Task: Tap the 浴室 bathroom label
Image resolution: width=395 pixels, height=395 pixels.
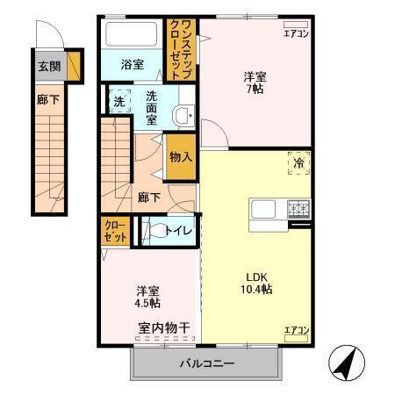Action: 132,65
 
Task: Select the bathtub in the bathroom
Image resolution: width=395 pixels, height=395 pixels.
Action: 132,36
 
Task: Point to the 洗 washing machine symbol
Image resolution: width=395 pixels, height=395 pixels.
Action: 118,101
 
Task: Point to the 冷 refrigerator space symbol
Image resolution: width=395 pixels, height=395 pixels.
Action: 298,162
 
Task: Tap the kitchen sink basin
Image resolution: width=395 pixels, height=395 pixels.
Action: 262,211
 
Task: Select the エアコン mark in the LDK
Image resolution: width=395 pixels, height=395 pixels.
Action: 296,330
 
